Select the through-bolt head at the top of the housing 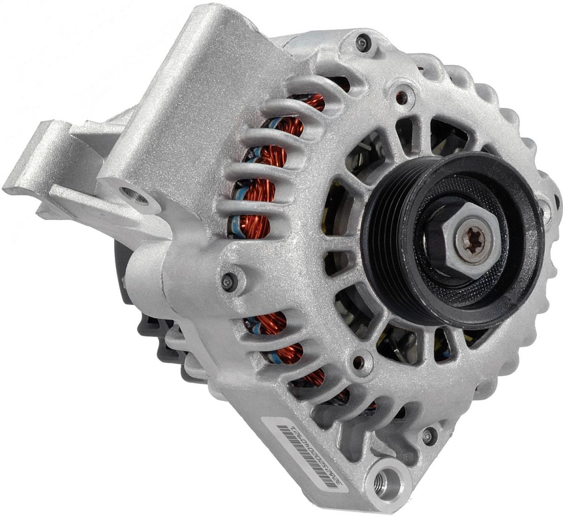coord(362,43)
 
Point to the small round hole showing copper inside coord(402,97)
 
